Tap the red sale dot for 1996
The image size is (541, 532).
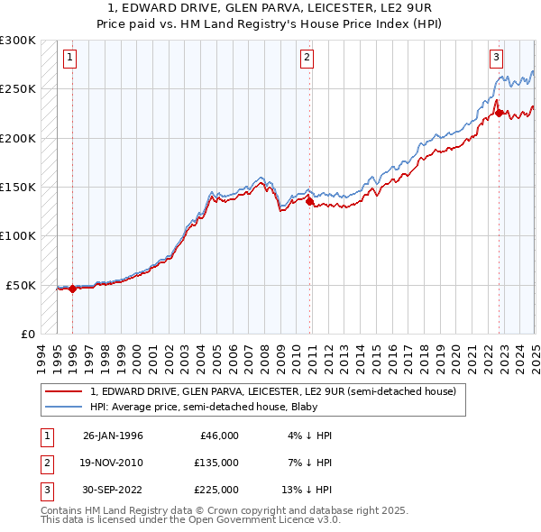point(72,289)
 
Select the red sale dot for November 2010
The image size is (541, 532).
point(310,202)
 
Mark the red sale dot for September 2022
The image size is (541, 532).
point(499,114)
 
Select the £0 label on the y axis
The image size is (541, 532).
point(27,334)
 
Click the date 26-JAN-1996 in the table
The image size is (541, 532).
point(113,436)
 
